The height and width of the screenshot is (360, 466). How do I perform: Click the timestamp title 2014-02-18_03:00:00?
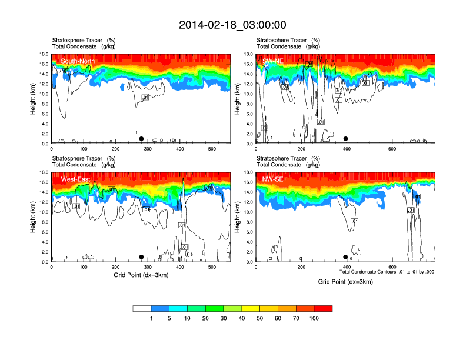(x=232, y=25)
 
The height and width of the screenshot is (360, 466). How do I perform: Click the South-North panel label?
(x=78, y=61)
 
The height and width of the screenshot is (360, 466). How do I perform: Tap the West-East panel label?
(x=75, y=179)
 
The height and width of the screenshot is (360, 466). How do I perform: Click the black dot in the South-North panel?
(x=141, y=139)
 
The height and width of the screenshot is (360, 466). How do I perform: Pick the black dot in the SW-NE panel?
(x=346, y=139)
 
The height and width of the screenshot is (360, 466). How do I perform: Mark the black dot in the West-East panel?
(x=141, y=257)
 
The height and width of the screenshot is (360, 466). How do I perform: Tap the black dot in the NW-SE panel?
(x=345, y=257)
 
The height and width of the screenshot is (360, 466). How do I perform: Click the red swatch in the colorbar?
(x=324, y=308)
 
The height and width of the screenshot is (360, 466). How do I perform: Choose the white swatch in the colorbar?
(x=142, y=308)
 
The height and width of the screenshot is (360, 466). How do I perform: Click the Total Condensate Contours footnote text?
(x=387, y=272)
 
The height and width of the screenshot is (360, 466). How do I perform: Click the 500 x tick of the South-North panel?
(x=212, y=149)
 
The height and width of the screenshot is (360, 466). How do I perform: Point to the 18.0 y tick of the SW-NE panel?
(x=248, y=54)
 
